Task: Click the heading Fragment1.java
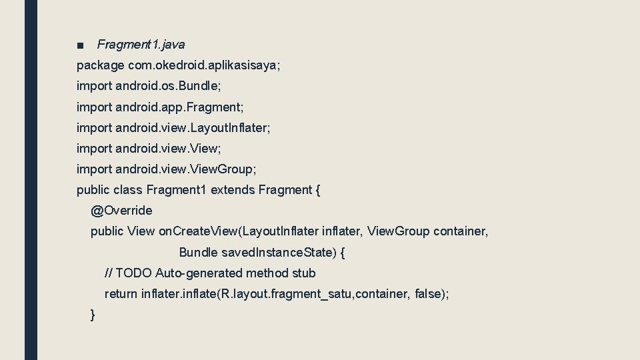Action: [x=141, y=45]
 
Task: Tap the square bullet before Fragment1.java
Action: [x=80, y=45]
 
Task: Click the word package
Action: [x=100, y=65]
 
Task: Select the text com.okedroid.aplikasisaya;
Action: [x=205, y=65]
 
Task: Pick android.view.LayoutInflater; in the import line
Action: [x=193, y=127]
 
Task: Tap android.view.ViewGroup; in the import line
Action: [x=185, y=169]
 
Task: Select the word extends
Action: [x=233, y=190]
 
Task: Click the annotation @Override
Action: [x=121, y=211]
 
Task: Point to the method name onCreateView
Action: [x=199, y=231]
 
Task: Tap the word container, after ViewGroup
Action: [x=461, y=231]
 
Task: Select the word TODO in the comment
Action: [x=133, y=273]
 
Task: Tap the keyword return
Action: [x=121, y=294]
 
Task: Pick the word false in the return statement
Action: [x=427, y=294]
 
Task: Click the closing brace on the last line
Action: [x=93, y=315]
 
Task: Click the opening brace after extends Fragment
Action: [x=317, y=190]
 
